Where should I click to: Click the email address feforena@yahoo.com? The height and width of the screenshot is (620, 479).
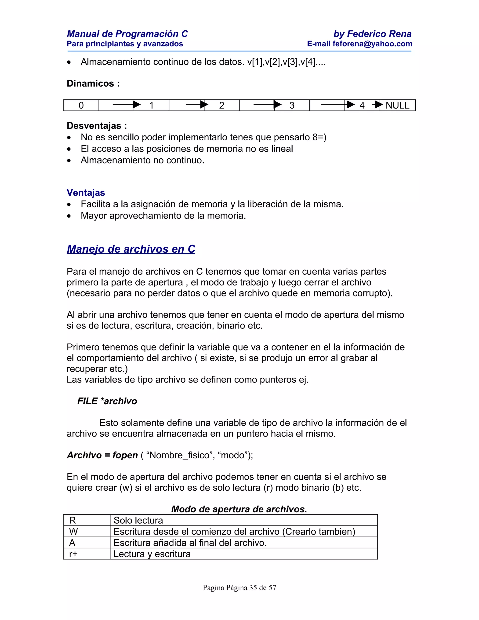click(x=372, y=44)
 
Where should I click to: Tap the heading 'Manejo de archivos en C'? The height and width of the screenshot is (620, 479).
click(x=131, y=249)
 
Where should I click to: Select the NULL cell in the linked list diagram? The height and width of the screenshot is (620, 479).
click(x=397, y=105)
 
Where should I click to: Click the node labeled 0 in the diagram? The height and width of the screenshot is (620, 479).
click(x=81, y=105)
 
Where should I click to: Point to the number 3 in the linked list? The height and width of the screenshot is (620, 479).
click(x=292, y=105)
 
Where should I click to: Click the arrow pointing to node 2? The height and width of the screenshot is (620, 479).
click(x=197, y=105)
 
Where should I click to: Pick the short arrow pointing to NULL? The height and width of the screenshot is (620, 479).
click(x=377, y=105)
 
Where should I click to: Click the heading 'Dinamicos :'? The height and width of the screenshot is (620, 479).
click(x=93, y=84)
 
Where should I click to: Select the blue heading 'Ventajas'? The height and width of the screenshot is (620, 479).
click(x=86, y=193)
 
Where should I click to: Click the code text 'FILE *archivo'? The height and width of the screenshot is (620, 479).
click(x=107, y=401)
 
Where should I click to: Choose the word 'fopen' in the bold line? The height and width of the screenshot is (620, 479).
click(x=125, y=455)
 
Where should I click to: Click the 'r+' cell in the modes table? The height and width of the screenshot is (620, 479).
click(x=73, y=554)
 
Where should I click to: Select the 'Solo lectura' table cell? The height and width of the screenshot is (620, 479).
click(x=138, y=520)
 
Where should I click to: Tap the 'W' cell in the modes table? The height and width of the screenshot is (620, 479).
click(x=73, y=531)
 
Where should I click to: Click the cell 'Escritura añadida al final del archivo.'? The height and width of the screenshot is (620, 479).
click(x=190, y=543)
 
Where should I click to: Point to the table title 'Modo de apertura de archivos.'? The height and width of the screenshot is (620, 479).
click(x=239, y=509)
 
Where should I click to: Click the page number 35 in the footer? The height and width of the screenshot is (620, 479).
click(x=253, y=588)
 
